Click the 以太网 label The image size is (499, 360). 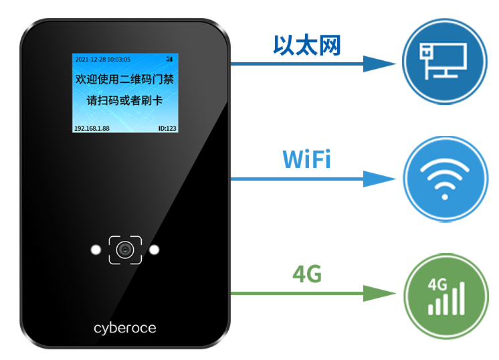[306, 45]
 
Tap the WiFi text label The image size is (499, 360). [306, 159]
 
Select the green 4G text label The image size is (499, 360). [307, 274]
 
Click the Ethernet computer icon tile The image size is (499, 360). [445, 62]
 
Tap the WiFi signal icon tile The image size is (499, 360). [445, 179]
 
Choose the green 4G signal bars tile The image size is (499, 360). [445, 296]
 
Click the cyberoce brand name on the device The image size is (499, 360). [125, 328]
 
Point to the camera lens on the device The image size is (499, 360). [125, 250]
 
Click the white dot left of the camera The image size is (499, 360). [96, 250]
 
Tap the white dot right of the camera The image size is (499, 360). [155, 250]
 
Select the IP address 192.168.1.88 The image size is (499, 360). [92, 128]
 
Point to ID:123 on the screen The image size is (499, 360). [167, 128]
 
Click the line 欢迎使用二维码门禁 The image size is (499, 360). [125, 80]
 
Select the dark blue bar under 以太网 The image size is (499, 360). [314, 64]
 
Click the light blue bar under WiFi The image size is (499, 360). [314, 179]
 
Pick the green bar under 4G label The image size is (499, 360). [314, 293]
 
